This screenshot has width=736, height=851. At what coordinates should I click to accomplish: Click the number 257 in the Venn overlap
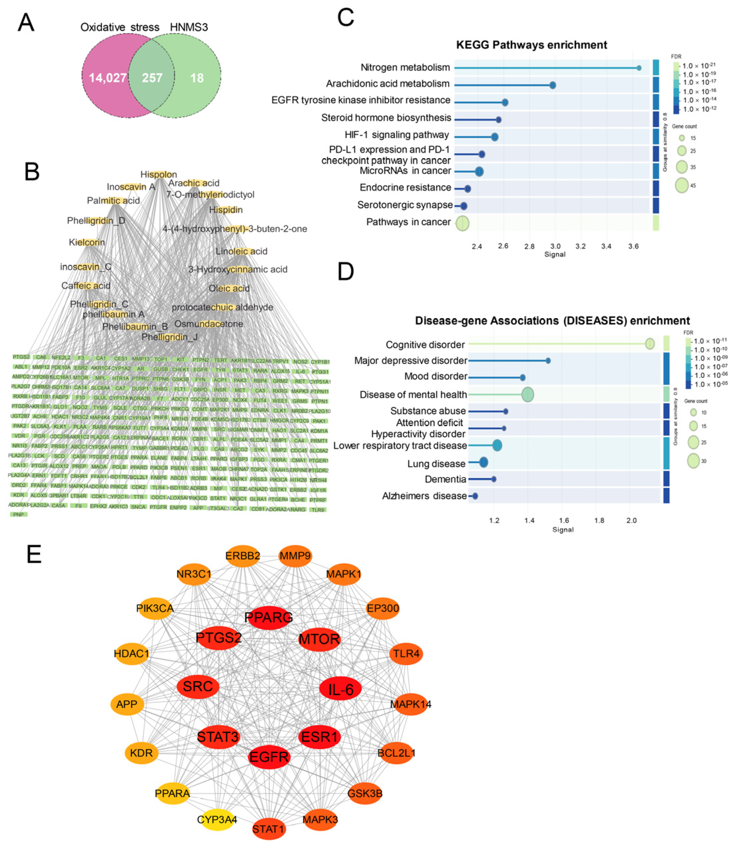(x=152, y=78)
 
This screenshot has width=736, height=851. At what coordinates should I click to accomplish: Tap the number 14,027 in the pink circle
(x=108, y=78)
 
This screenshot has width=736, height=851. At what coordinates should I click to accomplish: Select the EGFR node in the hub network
(x=269, y=757)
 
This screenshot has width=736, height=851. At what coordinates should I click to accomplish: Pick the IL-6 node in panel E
(x=341, y=689)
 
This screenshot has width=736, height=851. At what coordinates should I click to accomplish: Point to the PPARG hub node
(x=269, y=617)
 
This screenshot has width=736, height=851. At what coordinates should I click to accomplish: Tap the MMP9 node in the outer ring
(x=295, y=556)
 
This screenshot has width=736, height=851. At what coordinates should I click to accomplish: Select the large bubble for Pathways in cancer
(x=462, y=223)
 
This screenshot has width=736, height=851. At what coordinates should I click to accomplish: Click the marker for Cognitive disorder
(x=650, y=344)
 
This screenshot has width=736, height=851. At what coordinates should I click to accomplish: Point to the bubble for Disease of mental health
(x=528, y=395)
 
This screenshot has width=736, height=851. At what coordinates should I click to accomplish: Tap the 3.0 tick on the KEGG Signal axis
(x=555, y=246)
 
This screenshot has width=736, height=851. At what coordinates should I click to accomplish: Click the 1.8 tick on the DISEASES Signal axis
(x=599, y=520)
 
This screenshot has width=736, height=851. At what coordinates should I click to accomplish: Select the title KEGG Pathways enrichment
(x=532, y=45)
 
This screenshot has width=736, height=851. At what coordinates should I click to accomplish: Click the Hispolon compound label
(x=158, y=175)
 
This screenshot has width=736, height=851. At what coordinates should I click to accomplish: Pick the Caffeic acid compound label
(x=86, y=286)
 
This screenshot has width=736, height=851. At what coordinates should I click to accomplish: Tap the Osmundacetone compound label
(x=209, y=324)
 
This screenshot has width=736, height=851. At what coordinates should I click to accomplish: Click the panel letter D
(x=346, y=272)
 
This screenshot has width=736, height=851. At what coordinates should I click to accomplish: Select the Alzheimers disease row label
(x=424, y=496)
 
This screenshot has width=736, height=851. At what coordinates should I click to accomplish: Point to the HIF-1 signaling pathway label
(x=397, y=135)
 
